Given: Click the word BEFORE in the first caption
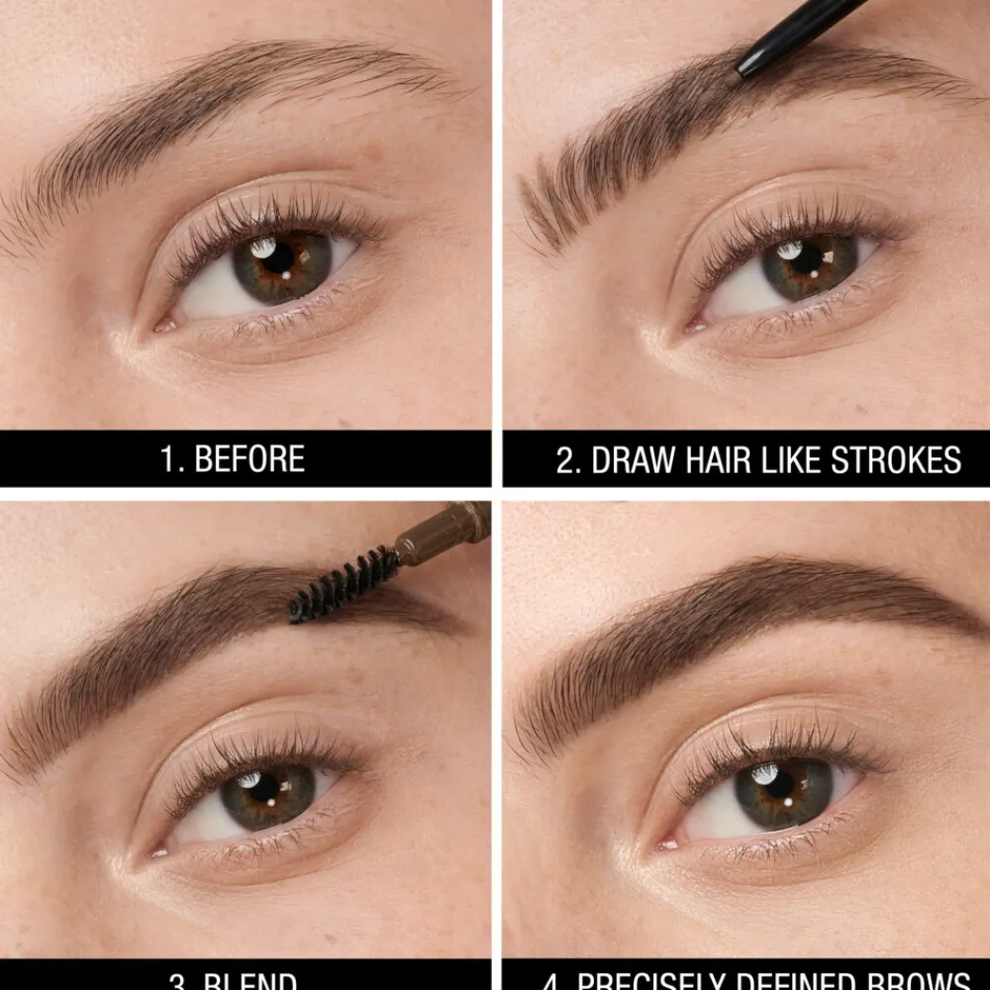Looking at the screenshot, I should [249, 459].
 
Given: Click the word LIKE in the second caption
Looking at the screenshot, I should [802, 460].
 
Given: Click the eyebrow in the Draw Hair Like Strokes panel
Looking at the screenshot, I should [693, 119].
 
